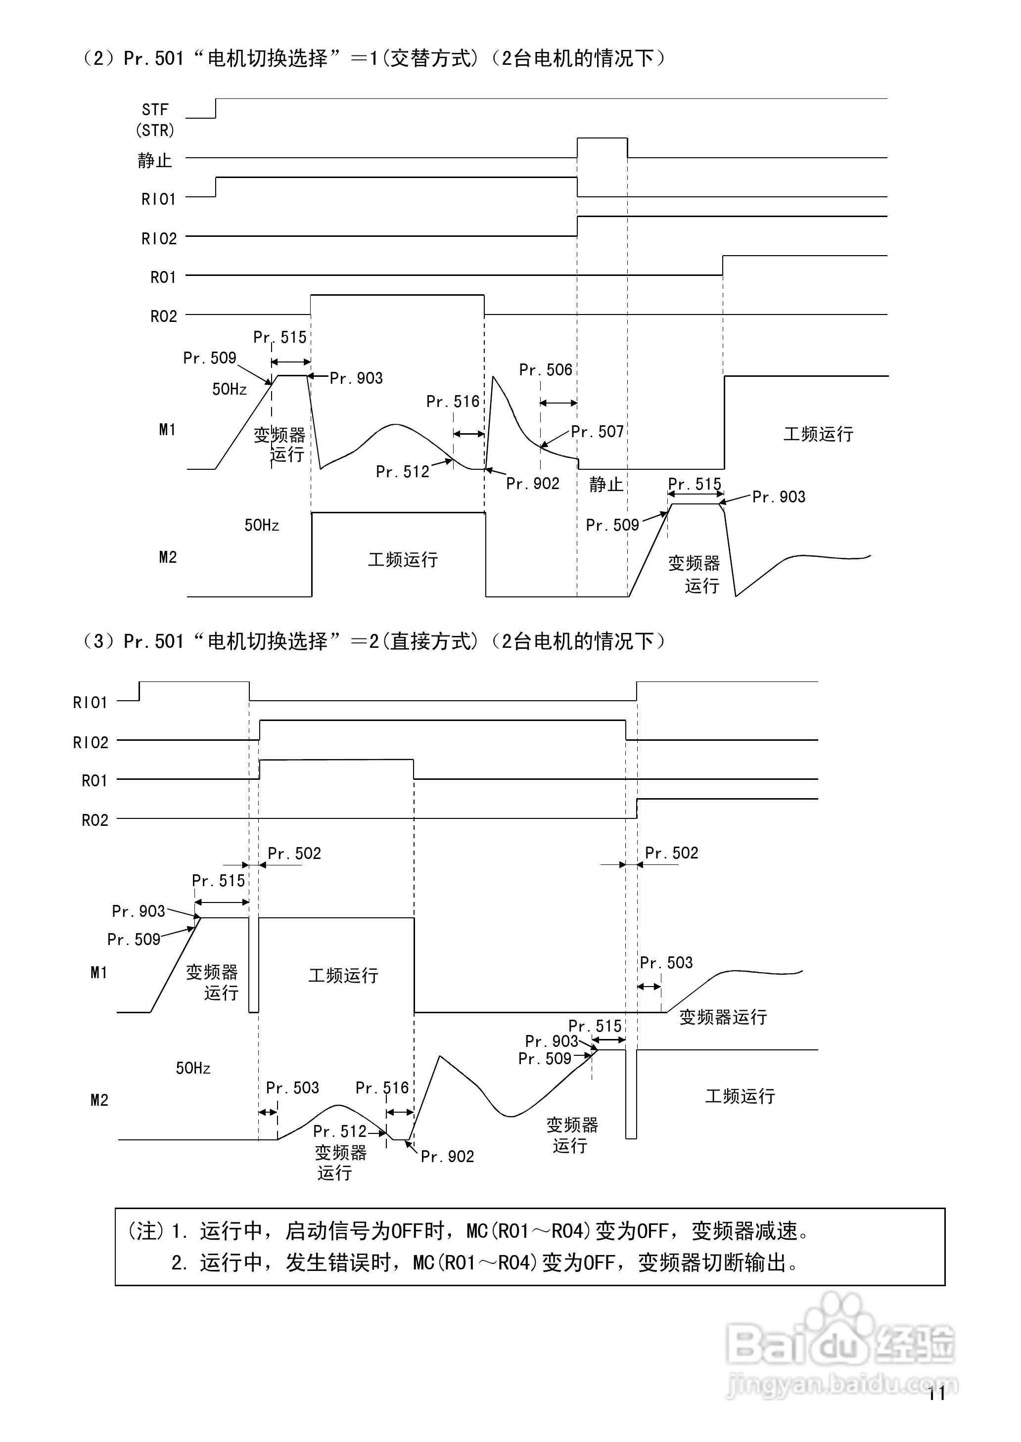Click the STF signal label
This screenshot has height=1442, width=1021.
[x=155, y=109]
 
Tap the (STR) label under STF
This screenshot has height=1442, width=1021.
[x=155, y=130]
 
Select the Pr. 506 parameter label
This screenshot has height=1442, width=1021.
[x=546, y=370]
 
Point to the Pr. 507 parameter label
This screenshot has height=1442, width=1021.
[x=597, y=432]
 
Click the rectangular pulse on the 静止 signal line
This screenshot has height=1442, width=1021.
[x=602, y=148]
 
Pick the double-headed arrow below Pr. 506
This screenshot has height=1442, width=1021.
[x=558, y=403]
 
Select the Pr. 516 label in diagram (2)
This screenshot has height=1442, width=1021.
[x=453, y=402]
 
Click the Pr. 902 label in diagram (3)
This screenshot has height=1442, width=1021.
[x=447, y=1156]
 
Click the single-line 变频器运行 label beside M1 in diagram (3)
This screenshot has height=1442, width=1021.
[x=723, y=1017]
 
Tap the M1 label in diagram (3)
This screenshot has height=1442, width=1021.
[x=99, y=973]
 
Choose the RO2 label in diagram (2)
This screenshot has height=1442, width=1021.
[x=163, y=316]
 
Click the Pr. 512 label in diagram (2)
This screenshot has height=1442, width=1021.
[x=402, y=471]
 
